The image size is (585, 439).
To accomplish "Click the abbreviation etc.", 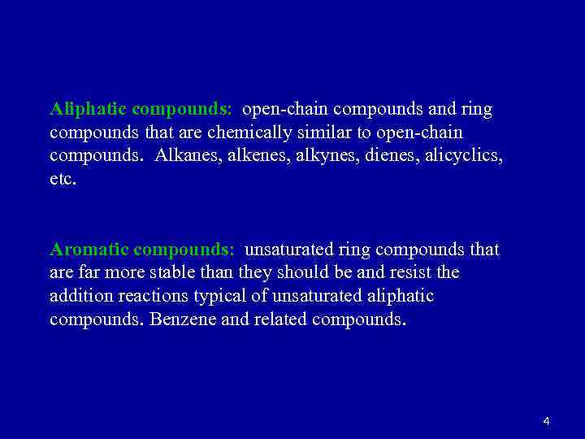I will pyautogui.click(x=63, y=178).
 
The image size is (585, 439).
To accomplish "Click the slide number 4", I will pyautogui.click(x=546, y=421).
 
